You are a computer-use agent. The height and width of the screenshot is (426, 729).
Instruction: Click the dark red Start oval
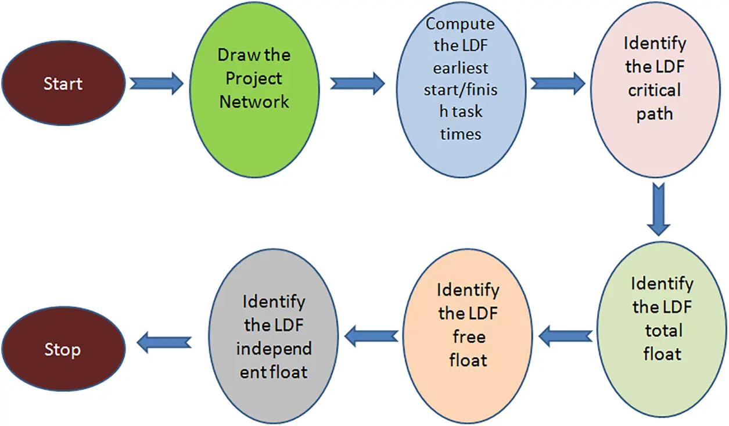pos(63,84)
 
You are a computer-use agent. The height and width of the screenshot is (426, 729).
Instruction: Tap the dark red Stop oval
pos(63,350)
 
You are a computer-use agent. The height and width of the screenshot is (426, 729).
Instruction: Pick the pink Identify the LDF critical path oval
pos(655,91)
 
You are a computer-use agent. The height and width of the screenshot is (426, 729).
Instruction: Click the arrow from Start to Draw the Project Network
pos(156,84)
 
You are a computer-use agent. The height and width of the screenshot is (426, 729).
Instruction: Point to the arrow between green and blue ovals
pos(357,83)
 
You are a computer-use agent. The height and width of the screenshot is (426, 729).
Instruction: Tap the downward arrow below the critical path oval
pos(658,210)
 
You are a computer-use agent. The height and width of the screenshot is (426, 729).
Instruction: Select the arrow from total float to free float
pos(566,335)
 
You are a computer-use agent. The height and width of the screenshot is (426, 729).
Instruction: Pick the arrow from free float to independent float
pos(372,335)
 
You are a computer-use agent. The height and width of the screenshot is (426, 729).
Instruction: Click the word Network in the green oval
pos(254,102)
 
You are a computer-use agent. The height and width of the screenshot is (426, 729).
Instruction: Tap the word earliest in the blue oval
pos(461,68)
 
